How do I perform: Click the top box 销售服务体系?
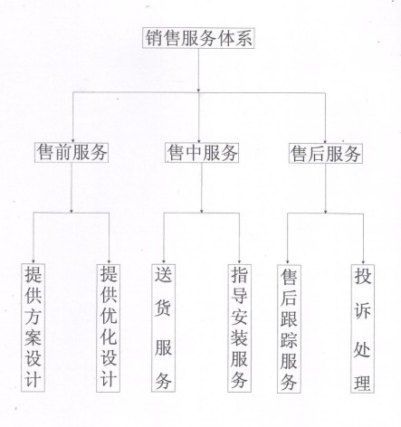[x=198, y=38]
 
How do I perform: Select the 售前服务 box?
[x=72, y=152]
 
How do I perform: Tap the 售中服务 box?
[x=202, y=153]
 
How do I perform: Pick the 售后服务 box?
[x=325, y=153]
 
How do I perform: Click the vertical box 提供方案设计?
[x=33, y=327]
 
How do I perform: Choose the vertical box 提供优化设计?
[x=108, y=328]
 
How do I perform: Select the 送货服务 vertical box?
[x=163, y=328]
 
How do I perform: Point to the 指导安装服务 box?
[x=239, y=328]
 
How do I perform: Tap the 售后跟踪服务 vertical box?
[x=289, y=328]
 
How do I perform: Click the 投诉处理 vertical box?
[x=362, y=328]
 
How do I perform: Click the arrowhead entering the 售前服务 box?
[x=72, y=140]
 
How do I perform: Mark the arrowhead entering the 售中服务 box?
[x=198, y=140]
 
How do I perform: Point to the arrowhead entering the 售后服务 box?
[x=325, y=141]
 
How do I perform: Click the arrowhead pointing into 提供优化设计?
[x=109, y=261]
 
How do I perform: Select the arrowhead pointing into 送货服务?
[x=164, y=261]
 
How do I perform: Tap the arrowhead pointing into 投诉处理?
[x=363, y=262]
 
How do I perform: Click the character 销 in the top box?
[x=154, y=38]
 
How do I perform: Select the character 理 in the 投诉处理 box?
[x=362, y=383]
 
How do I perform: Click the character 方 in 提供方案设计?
[x=33, y=315]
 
